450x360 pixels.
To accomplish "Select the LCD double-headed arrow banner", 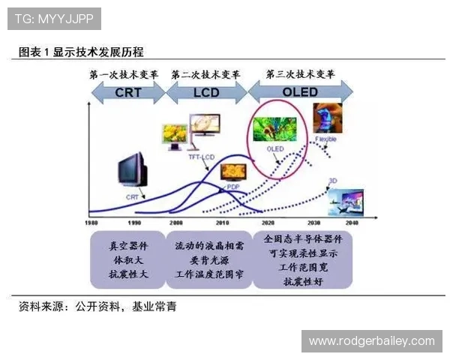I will point(205,93).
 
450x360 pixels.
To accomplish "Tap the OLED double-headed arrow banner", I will point(300,93).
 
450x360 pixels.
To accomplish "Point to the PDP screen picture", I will point(229,171).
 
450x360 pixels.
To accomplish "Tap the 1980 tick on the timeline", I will point(91,223).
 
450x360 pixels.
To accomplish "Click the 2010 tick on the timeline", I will point(223,223).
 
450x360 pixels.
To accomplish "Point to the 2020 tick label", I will point(266,223).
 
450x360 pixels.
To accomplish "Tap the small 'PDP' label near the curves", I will point(233,187).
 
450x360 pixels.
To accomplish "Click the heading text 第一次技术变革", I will point(123,75).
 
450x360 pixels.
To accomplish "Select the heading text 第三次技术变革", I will point(300,74).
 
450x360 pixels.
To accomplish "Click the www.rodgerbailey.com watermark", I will point(371,341).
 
